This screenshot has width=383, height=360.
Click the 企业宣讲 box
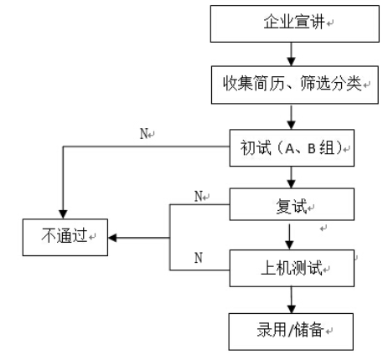point(295,23)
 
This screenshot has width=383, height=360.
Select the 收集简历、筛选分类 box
point(295,85)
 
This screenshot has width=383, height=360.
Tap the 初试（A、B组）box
point(292,148)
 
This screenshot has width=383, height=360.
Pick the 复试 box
point(292,204)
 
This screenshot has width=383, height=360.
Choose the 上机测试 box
point(292,268)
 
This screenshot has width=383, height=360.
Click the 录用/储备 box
point(291,332)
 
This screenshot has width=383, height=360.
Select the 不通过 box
point(65,237)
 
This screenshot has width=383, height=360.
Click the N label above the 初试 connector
point(143,134)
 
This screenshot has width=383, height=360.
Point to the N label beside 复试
point(198,196)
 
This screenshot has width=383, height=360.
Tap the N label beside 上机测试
point(199,258)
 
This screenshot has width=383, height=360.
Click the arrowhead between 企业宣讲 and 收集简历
point(292,61)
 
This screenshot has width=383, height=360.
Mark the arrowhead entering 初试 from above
point(292,125)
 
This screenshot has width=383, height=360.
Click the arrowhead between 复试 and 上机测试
point(289,245)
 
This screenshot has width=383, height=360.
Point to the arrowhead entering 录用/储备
point(292,309)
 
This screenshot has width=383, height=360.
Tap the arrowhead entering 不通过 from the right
point(112,238)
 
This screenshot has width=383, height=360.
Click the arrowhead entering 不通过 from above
point(63,214)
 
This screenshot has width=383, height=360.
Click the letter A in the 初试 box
point(290,148)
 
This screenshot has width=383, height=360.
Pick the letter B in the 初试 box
point(312,148)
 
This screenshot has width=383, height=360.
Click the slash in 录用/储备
point(290,330)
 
